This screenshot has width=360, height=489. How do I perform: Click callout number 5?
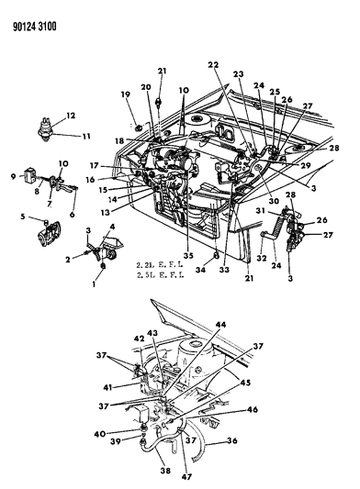coord(22,217)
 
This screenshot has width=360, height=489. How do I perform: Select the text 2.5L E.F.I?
coord(159,274)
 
